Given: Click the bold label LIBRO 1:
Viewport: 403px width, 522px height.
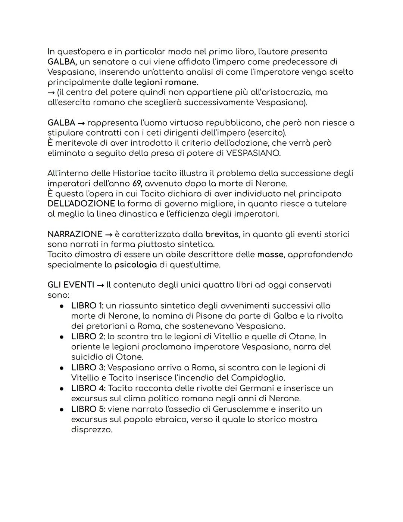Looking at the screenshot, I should (x=87, y=306).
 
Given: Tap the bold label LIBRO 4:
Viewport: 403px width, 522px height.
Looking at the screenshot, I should (x=88, y=388).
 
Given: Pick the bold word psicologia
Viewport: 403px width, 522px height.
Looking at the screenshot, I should (x=135, y=265).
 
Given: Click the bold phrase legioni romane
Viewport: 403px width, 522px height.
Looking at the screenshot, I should (x=166, y=82).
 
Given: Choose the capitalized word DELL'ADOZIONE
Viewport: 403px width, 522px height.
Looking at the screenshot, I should (x=81, y=204).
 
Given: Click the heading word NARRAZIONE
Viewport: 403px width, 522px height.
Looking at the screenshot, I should (x=75, y=234).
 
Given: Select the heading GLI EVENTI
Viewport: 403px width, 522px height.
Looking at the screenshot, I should (x=71, y=285).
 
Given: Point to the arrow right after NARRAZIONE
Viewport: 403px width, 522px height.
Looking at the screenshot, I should (x=109, y=235).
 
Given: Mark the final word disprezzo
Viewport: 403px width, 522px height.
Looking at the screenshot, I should (x=91, y=430).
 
